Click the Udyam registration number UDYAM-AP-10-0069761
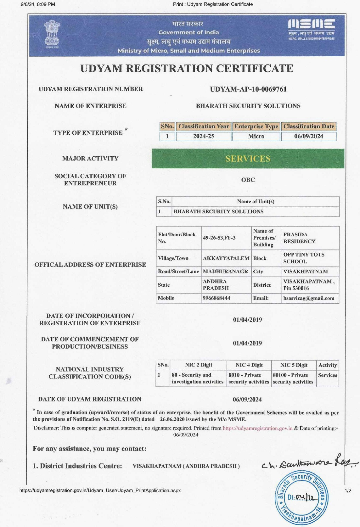click(x=248, y=89)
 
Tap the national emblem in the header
click(x=52, y=34)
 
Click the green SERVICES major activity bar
click(x=248, y=159)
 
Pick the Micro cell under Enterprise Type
click(x=256, y=136)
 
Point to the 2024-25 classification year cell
click(x=204, y=136)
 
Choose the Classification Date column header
click(x=309, y=126)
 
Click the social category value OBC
click(x=248, y=180)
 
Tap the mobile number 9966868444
click(x=217, y=298)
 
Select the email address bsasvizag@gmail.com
click(x=309, y=298)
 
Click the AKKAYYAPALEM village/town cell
click(x=226, y=258)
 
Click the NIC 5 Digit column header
click(x=294, y=365)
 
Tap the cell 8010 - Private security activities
click(x=249, y=378)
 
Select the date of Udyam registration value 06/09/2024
click(x=247, y=400)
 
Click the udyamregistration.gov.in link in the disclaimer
click(x=257, y=428)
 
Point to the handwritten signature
click(x=308, y=462)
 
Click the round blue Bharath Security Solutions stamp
click(x=302, y=497)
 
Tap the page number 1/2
click(x=348, y=491)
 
